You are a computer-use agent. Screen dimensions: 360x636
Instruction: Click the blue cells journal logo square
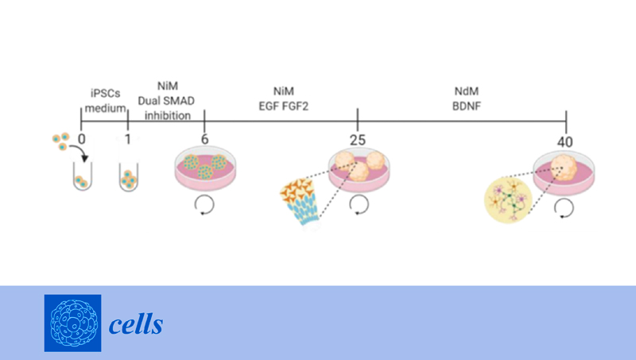click(x=72, y=323)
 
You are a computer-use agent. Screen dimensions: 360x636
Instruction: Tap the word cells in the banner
click(x=136, y=324)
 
